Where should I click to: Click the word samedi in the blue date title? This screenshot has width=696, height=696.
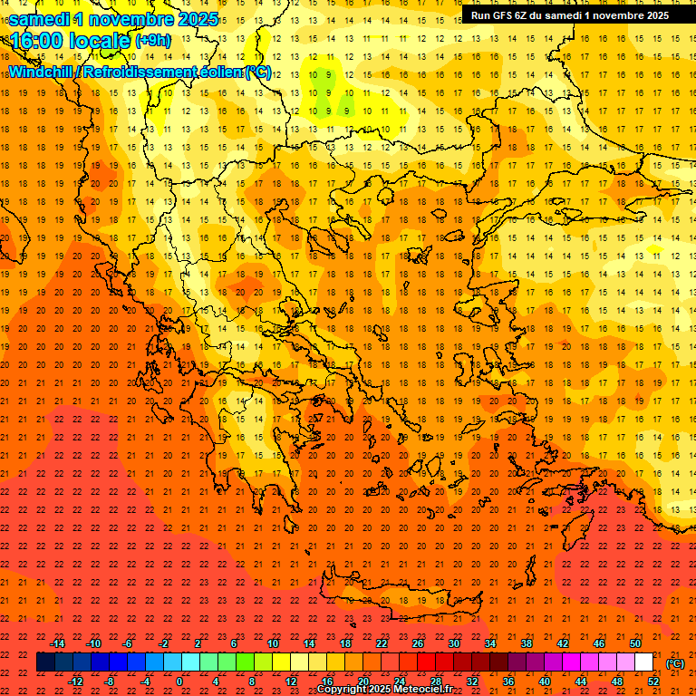pos(41,19)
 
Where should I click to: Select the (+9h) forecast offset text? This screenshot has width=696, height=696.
pos(151,40)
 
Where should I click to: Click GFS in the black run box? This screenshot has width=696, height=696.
pos(507,15)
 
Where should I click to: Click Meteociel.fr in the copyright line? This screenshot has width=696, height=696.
pos(423,690)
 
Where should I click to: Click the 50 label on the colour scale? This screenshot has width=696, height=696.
pos(635,643)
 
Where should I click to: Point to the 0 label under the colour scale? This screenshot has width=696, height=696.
pos(180,681)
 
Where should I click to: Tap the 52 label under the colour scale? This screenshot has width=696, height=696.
pos(653,681)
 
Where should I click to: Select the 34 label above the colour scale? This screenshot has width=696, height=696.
pos(490,643)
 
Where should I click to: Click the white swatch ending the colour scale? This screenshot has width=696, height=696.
pos(644,662)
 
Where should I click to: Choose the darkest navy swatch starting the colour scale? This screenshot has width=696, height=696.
pos(45,662)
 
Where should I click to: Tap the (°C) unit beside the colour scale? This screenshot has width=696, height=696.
pos(674,663)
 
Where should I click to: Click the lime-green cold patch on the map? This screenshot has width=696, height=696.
pos(321,83)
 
